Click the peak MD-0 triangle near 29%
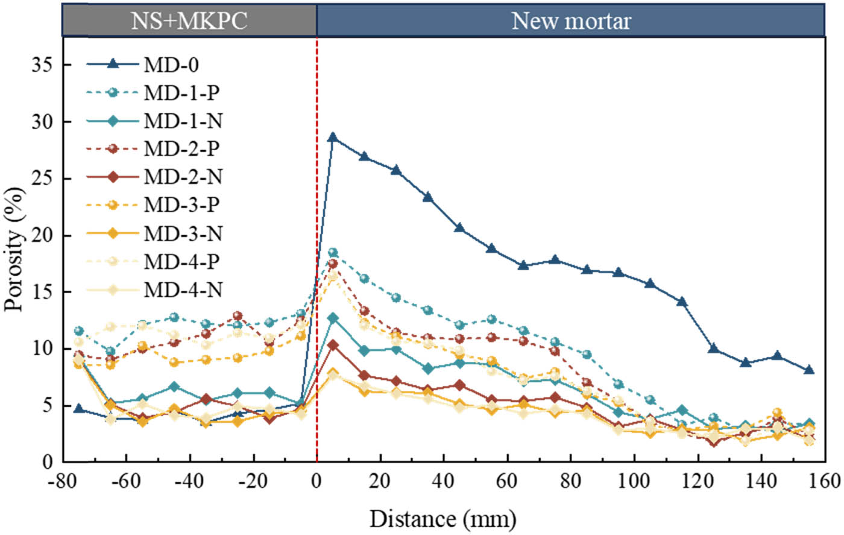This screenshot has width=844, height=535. click(333, 138)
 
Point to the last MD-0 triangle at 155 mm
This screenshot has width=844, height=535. click(809, 370)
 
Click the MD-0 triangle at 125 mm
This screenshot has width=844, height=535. click(714, 349)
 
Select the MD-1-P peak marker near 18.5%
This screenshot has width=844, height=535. click(333, 252)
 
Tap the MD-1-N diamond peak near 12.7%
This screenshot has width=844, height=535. click(333, 318)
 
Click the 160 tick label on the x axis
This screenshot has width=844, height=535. click(824, 481)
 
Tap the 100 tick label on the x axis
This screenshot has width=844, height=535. click(634, 481)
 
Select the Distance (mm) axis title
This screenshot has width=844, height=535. click(443, 518)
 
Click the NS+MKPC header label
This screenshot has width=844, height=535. click(189, 22)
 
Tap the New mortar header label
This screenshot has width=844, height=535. click(571, 22)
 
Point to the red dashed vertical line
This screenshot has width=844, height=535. click(317, 362)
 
